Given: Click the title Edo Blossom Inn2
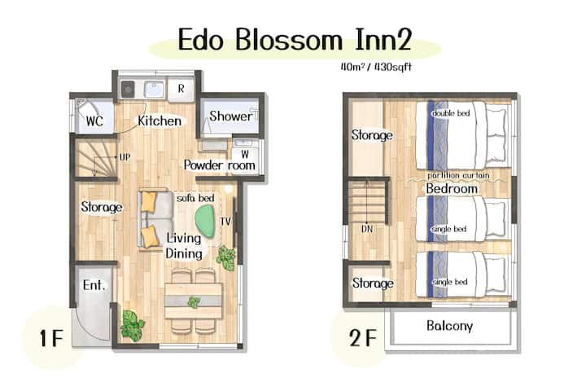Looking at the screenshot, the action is [295, 39].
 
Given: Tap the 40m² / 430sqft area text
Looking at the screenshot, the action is [376, 67].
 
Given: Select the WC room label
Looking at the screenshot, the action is [94, 121].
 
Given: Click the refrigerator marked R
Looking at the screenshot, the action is [181, 89].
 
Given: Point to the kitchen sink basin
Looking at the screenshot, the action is [155, 89].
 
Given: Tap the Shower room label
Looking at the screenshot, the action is [230, 116].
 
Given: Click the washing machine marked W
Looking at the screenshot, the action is [244, 154].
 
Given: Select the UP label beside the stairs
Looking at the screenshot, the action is [125, 157].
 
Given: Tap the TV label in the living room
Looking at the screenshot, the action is [225, 222].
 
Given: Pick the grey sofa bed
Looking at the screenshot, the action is [155, 219].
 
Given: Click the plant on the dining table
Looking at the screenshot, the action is [194, 301].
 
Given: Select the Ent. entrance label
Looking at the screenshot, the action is [94, 285].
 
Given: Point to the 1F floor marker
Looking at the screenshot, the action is [51, 338].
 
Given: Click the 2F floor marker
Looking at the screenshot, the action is [362, 338].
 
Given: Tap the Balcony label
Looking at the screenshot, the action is [449, 326].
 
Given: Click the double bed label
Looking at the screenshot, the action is [451, 113].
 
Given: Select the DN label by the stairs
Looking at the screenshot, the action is [367, 229].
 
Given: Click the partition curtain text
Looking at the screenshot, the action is [458, 175].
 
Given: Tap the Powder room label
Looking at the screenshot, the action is [220, 165].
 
